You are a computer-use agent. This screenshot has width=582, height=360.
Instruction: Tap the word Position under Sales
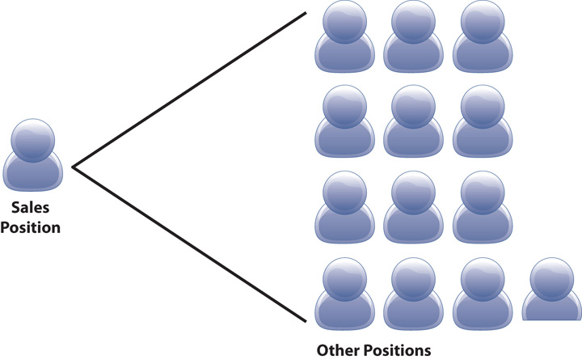31,227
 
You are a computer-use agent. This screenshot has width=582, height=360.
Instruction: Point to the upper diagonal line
190,90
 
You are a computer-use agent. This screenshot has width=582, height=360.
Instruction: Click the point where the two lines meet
74,167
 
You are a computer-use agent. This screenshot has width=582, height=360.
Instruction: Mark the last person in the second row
479,122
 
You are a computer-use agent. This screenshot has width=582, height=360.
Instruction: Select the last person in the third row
479,207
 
